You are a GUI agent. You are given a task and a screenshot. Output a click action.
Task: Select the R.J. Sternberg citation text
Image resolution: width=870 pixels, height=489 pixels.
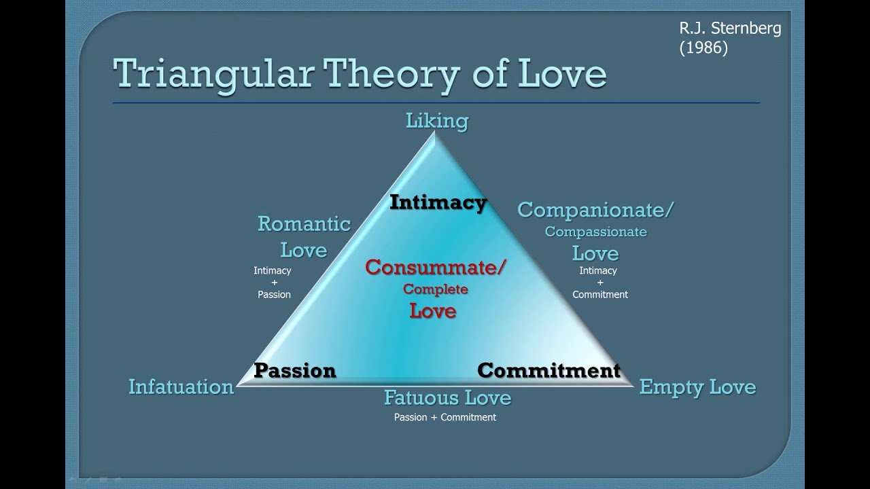730,29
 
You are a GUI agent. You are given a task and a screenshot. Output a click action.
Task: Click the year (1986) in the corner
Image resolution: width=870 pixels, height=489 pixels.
703,48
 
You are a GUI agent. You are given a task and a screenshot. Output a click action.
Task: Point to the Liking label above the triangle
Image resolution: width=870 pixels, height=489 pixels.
437,121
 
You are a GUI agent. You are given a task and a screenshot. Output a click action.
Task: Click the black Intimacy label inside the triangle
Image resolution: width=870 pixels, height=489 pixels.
438,202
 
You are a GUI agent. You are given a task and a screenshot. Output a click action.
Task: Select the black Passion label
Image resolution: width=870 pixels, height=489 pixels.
295,370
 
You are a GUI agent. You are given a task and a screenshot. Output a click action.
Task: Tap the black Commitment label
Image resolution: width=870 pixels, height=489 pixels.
549,370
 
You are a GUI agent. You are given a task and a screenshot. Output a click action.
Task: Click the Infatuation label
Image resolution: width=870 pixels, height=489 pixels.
181,387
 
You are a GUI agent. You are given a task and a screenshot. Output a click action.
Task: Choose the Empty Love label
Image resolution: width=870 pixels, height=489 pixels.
697,387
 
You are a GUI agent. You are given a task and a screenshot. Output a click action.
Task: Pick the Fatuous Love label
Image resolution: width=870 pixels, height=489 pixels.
447,397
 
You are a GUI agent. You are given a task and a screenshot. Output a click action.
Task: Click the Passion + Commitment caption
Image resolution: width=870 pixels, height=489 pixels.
445,417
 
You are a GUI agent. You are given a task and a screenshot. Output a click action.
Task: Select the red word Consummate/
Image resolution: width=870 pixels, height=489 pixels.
436,268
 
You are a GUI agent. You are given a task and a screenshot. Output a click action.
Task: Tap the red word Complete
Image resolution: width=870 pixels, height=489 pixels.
436,289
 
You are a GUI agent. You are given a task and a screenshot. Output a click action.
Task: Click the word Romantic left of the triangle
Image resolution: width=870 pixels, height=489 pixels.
304,224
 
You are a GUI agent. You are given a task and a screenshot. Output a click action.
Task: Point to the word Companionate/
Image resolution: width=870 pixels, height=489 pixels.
595,210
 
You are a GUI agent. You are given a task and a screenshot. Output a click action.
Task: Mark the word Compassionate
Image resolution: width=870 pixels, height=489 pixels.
595,232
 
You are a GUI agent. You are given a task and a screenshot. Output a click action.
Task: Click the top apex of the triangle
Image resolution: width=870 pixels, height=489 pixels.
435,134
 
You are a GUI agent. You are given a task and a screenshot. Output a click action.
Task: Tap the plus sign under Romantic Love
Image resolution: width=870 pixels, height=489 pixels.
274,283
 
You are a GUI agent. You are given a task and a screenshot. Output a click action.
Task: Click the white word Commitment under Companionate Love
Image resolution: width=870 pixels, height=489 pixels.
600,295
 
